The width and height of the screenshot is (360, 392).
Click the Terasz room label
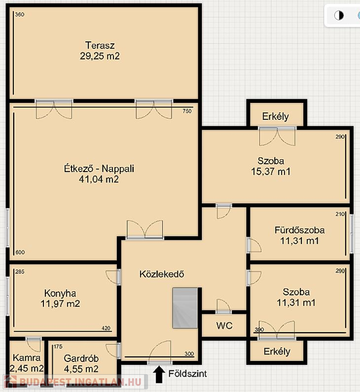[x=100, y=45]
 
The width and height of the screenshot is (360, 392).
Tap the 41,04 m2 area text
[x=99, y=179]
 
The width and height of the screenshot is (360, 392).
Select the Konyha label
[x=60, y=293]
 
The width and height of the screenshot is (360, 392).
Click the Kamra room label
[x=27, y=357]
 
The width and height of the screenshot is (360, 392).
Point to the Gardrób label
[x=81, y=358]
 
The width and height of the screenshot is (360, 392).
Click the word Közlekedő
[x=161, y=274]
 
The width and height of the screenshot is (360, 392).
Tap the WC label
[x=224, y=326]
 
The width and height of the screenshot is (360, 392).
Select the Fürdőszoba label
[x=299, y=230]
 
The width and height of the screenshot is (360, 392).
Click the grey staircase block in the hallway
[x=185, y=308]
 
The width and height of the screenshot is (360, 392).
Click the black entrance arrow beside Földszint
[x=159, y=375]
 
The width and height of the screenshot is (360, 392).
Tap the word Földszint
[x=187, y=374]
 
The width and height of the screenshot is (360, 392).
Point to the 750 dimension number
[x=187, y=111]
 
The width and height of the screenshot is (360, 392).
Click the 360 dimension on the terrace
[x=19, y=14]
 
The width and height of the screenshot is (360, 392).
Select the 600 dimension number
[x=20, y=252]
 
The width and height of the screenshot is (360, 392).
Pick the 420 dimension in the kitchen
[x=106, y=328]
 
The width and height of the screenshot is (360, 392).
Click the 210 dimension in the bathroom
[x=340, y=214]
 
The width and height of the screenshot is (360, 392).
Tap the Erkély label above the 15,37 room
[x=275, y=116]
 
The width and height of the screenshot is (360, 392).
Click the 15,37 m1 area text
[x=271, y=171]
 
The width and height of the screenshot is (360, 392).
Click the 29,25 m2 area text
[x=100, y=56]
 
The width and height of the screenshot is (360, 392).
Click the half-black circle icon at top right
[x=339, y=15]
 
